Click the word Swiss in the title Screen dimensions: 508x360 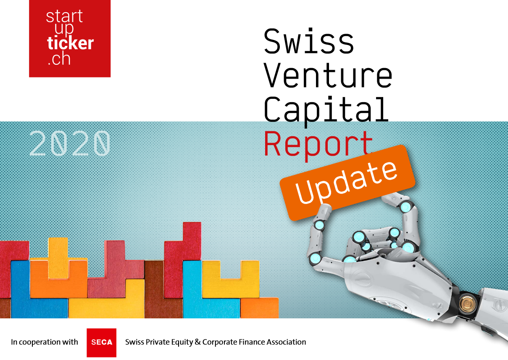click(x=309, y=41)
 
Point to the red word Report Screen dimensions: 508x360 click(x=318, y=146)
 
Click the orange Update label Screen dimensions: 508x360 click(x=347, y=183)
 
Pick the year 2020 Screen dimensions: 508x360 click(x=70, y=143)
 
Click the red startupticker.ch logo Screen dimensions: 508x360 click(x=70, y=39)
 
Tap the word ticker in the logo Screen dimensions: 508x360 click(x=70, y=43)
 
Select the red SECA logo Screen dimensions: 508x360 click(x=101, y=343)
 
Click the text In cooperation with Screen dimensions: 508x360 click(x=45, y=342)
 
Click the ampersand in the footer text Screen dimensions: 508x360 click(x=198, y=342)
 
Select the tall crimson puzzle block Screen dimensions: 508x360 click(x=182, y=260)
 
